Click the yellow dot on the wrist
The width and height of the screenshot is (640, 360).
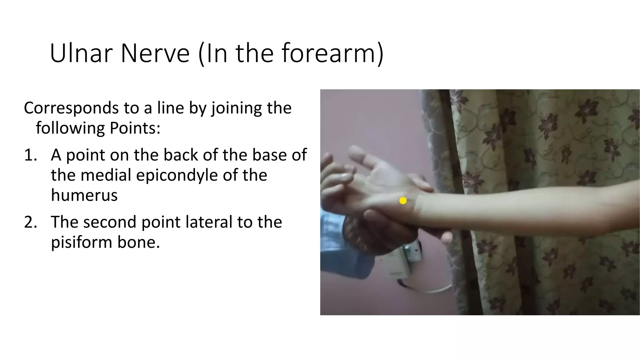click(x=403, y=201)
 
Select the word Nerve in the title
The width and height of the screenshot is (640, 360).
click(x=155, y=53)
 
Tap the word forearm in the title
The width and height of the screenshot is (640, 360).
click(x=328, y=53)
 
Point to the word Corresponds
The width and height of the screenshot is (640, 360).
click(x=71, y=108)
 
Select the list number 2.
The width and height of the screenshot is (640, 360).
click(x=30, y=222)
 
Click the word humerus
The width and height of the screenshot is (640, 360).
click(x=84, y=195)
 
